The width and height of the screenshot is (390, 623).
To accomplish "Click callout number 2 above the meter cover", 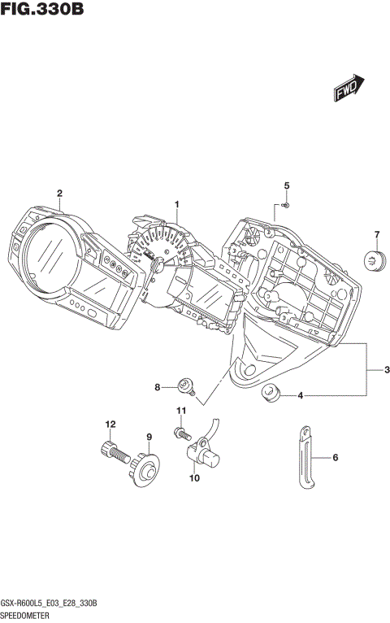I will coord(59,193).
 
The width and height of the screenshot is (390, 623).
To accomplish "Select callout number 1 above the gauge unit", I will coord(176,203).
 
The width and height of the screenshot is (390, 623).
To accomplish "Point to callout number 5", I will coord(286,187).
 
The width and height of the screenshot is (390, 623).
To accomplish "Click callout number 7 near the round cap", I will coord(376,236).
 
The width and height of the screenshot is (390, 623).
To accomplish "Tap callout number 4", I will coord(301,396).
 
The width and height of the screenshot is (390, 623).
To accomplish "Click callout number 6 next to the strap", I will coord(336,459).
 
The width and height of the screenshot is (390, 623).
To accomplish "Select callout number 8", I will coord(158,387).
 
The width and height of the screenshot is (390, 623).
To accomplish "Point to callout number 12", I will coord(108,423).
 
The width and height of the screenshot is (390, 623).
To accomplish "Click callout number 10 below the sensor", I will coord(194,478).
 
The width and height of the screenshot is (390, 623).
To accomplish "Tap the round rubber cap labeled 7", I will coord(374,262).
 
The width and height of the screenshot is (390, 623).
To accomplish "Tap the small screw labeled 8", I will coord(185,385).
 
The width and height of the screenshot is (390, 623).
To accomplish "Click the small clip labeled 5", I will coord(286,206).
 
